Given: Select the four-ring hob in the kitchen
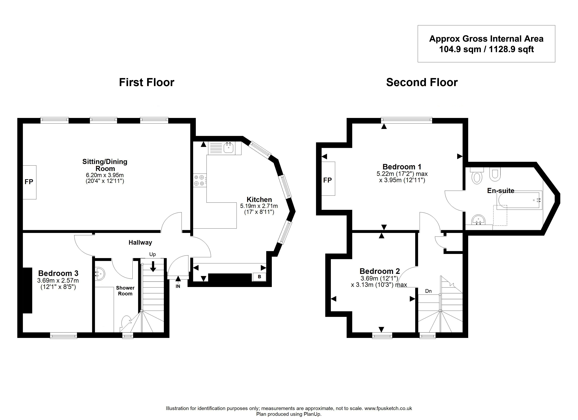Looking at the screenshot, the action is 199,180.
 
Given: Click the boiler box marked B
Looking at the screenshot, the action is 259,277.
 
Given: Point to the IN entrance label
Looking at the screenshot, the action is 178,286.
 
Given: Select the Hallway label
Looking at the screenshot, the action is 140,243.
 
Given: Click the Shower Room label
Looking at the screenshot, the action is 125,291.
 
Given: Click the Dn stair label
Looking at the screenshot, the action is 428,291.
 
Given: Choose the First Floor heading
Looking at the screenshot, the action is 147,82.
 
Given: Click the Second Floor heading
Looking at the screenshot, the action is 422,82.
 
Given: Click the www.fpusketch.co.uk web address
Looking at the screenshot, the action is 388,408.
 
